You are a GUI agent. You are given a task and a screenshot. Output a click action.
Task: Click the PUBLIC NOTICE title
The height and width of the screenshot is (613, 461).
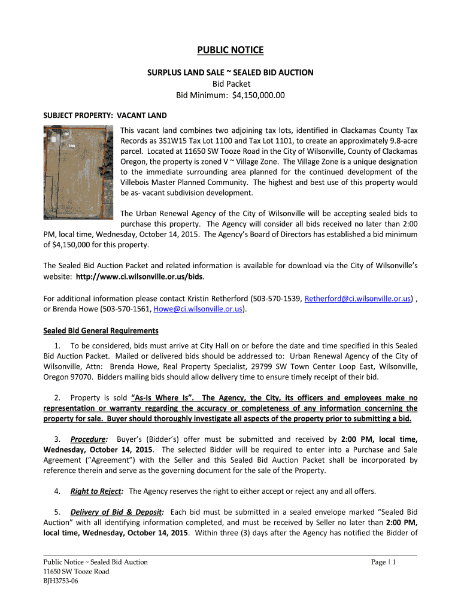pos(230,50)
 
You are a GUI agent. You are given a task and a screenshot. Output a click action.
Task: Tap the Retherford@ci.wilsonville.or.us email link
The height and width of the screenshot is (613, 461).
pos(358,298)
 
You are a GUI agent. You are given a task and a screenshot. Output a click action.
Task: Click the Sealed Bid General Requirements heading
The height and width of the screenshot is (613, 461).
pos(101,330)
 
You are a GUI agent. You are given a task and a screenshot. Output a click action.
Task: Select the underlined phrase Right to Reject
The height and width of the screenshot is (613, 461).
pos(97,491)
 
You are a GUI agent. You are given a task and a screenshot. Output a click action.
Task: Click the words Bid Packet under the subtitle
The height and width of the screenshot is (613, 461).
pos(230,83)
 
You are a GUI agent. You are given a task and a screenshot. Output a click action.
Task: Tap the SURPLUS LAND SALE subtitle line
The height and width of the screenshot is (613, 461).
pos(230,72)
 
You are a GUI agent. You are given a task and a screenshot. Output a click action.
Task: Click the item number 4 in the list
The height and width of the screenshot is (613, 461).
pos(57,491)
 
